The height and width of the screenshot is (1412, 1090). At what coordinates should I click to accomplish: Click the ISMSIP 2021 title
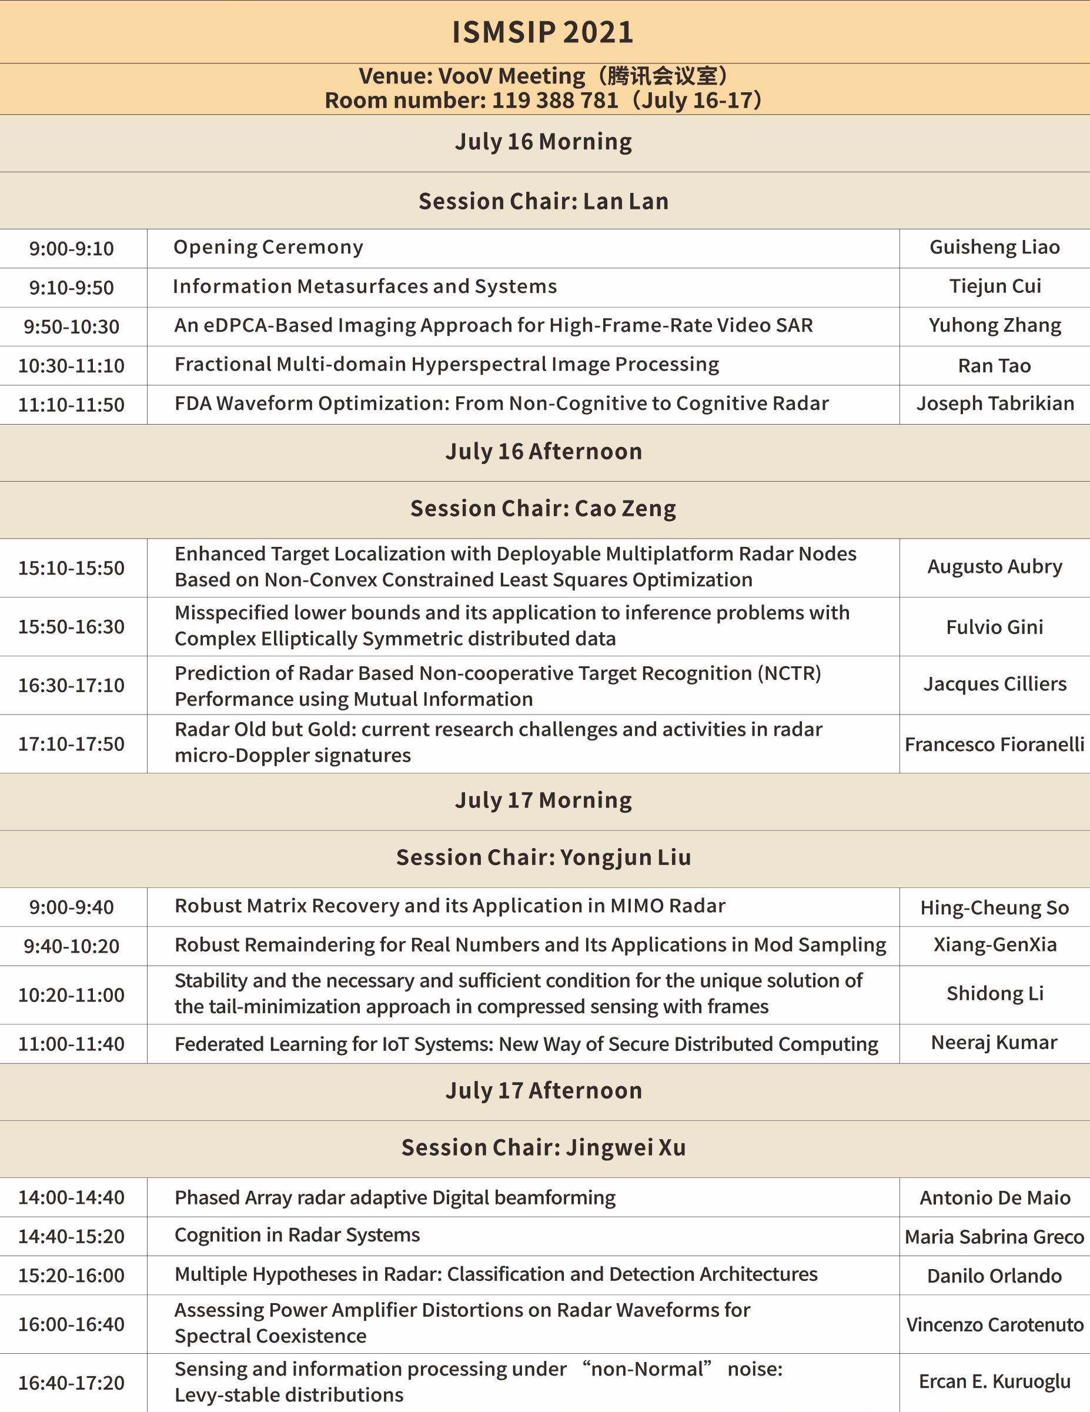pyautogui.click(x=543, y=32)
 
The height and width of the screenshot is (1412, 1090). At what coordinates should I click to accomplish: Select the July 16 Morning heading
pyautogui.click(x=543, y=142)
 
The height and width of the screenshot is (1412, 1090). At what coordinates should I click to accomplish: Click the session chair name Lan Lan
pyautogui.click(x=626, y=201)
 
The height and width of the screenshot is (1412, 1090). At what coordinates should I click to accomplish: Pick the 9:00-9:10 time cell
pyautogui.click(x=71, y=249)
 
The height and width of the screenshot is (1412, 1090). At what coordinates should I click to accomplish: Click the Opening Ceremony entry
pyautogui.click(x=268, y=247)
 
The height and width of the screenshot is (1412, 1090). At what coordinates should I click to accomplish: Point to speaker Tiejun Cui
pyautogui.click(x=995, y=286)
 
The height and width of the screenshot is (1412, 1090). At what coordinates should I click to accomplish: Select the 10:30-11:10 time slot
pyautogui.click(x=71, y=366)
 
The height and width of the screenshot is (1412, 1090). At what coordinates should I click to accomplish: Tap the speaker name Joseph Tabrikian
pyautogui.click(x=995, y=403)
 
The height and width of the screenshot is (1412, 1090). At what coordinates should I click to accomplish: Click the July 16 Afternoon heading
pyautogui.click(x=544, y=451)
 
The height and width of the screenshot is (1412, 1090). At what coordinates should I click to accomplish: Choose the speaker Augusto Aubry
pyautogui.click(x=995, y=566)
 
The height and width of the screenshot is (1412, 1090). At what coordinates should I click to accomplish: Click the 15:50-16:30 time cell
pyautogui.click(x=71, y=626)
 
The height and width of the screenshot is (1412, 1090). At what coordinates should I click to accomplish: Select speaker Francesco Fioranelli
pyautogui.click(x=994, y=744)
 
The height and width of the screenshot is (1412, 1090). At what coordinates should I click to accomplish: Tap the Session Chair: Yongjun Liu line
pyautogui.click(x=544, y=857)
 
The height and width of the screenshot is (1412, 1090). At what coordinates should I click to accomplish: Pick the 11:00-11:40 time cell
pyautogui.click(x=71, y=1044)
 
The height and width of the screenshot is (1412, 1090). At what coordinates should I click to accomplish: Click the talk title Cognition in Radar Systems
pyautogui.click(x=297, y=1235)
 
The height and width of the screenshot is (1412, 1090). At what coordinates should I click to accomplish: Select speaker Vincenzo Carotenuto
pyautogui.click(x=994, y=1325)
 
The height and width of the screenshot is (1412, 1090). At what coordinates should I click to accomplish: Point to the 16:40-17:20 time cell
pyautogui.click(x=71, y=1383)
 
